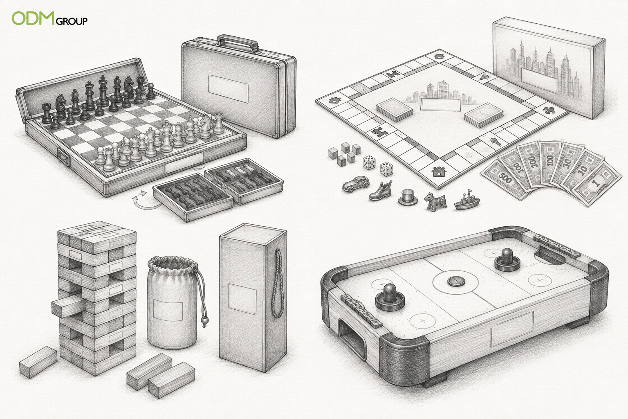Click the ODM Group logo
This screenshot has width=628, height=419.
click(x=49, y=18)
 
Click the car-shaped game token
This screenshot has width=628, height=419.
click(x=356, y=185)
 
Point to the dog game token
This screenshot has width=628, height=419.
click(x=435, y=200)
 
